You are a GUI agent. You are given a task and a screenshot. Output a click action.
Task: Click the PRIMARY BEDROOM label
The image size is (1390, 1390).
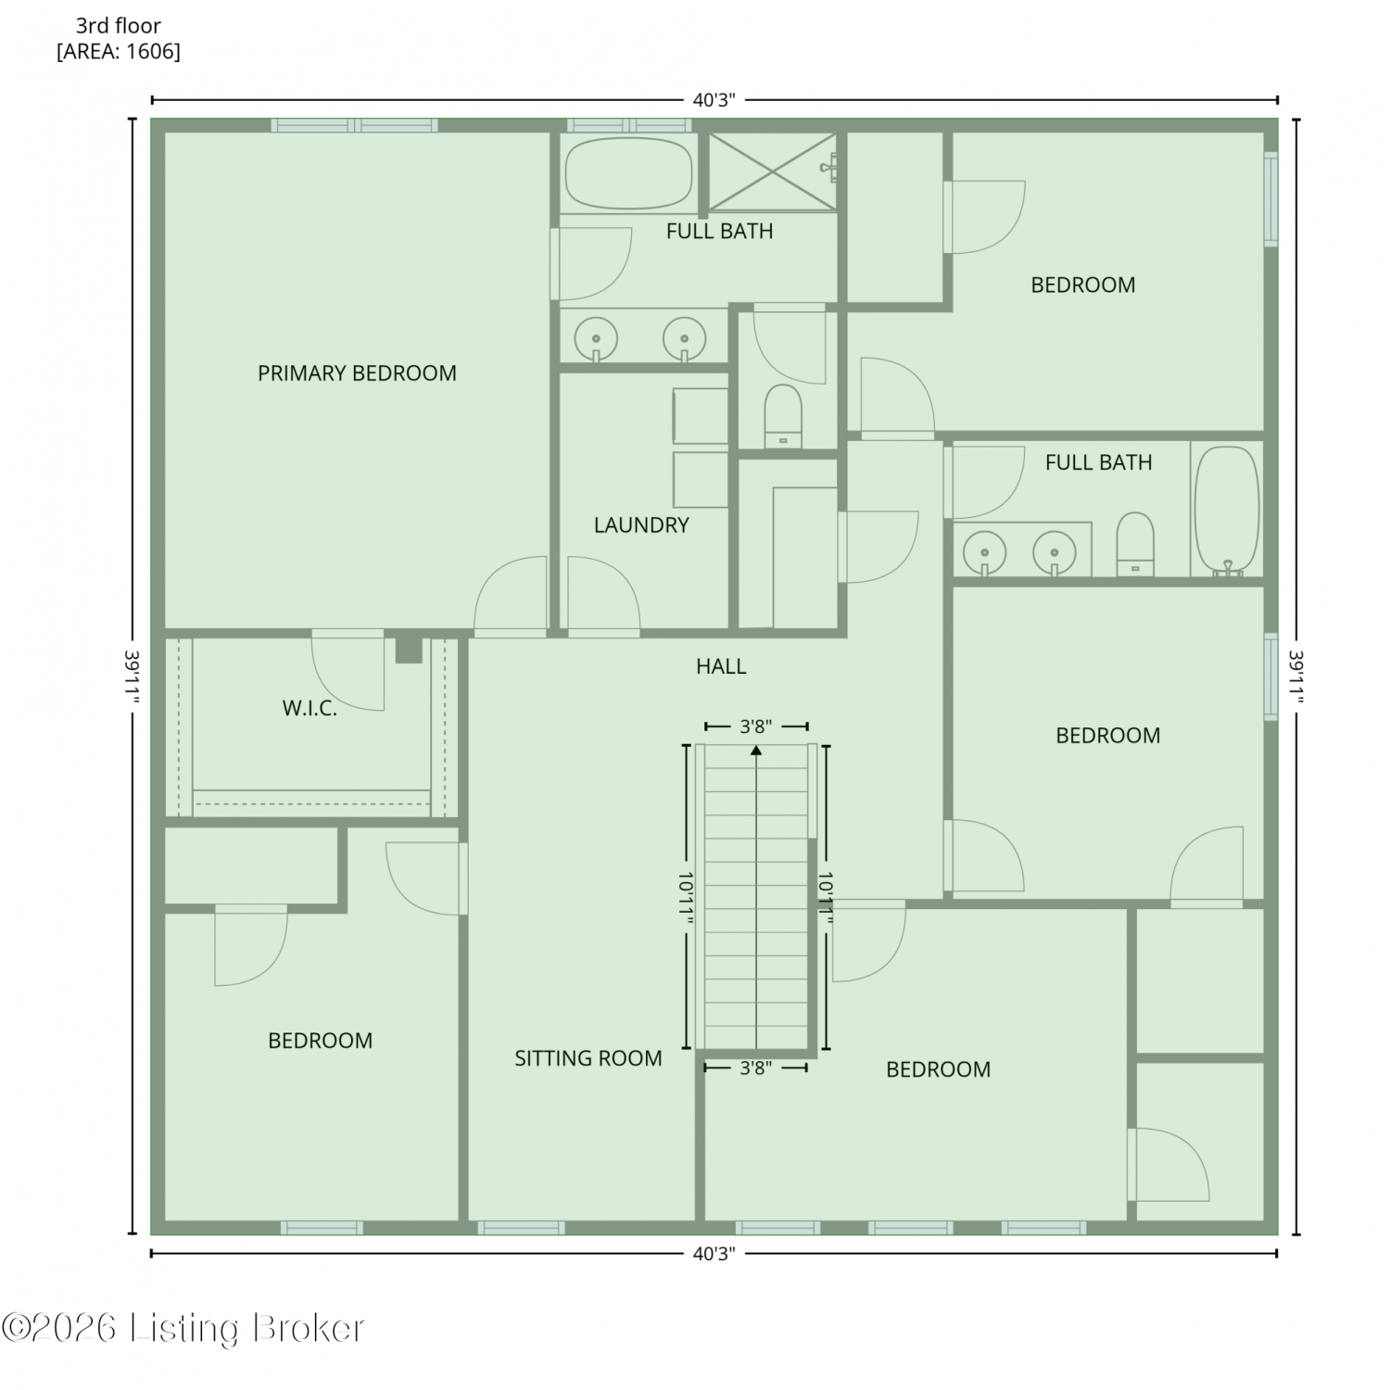357,373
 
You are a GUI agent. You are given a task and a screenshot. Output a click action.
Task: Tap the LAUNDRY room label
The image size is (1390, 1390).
641,525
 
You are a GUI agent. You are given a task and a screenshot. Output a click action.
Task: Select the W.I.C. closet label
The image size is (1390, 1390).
310,709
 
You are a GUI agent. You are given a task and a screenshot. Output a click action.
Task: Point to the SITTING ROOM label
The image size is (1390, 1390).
588,1058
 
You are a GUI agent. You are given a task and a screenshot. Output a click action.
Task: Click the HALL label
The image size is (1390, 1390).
721,666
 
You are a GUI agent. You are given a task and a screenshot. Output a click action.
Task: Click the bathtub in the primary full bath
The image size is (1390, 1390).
629,173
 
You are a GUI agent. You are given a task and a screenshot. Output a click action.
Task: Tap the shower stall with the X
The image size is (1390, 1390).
773,171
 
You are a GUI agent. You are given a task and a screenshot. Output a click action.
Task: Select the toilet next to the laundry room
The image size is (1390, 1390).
783,416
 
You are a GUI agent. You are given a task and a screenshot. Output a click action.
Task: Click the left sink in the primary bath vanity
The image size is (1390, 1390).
596,339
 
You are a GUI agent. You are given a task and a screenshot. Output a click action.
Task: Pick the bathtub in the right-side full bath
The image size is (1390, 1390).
1227,512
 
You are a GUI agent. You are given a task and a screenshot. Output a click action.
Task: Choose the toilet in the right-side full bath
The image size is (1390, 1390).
1135,545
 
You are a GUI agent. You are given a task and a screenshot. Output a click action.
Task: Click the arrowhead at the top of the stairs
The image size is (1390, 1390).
756,751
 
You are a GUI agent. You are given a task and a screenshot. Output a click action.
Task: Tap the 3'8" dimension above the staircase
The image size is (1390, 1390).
756,727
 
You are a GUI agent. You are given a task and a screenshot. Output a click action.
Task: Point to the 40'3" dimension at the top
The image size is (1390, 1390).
714,100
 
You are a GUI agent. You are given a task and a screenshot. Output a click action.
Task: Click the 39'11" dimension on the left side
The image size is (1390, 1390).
133,676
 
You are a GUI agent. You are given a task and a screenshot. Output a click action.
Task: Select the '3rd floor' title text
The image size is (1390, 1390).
119,26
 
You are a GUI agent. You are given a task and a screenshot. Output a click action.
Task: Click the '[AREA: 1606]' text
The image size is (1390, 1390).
119,52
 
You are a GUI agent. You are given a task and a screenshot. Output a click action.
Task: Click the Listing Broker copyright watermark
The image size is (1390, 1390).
183,1329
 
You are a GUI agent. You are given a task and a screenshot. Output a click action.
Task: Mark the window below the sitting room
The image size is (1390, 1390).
521,1228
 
